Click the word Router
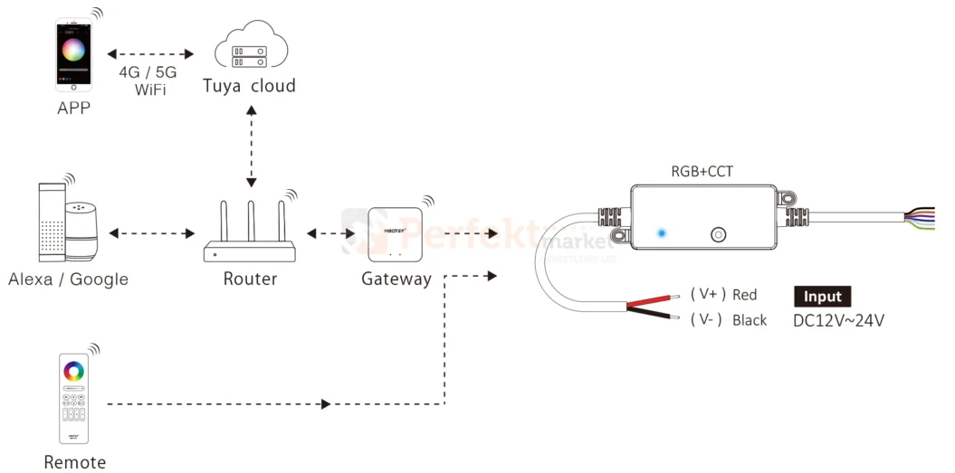click(250, 279)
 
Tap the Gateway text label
click(396, 279)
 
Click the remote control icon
click(73, 401)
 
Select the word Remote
click(74, 462)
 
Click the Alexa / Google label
click(68, 279)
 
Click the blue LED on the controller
click(662, 233)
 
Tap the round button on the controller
click(717, 234)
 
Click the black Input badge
click(822, 297)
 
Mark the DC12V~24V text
click(838, 320)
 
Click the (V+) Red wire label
click(723, 295)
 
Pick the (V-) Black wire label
click(728, 320)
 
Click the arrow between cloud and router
click(252, 146)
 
